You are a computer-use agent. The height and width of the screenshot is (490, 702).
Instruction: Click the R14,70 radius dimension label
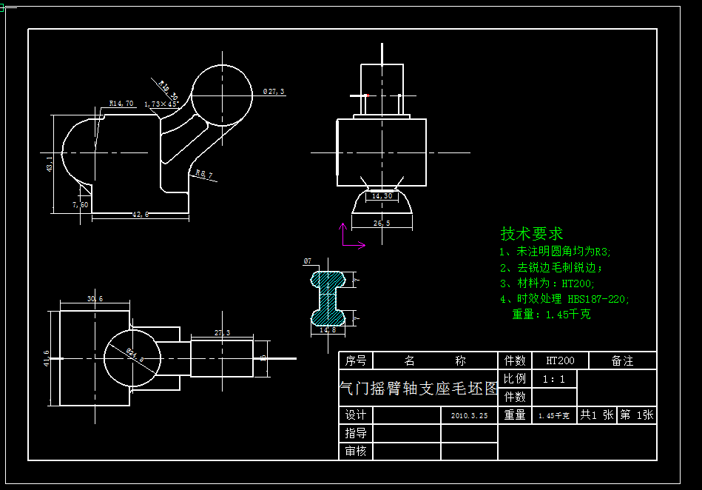(x=121, y=104)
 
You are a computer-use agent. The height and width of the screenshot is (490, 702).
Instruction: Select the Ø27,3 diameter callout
(x=274, y=92)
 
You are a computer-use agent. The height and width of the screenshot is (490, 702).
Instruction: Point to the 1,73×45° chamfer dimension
(x=161, y=104)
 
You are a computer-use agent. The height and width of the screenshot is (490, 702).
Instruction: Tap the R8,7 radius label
(x=203, y=175)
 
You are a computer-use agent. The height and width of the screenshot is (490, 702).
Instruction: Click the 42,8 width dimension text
(x=140, y=215)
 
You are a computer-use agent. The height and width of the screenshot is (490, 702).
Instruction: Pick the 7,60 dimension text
(x=80, y=204)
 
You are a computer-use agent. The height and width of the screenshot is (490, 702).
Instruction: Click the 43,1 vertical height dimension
(x=50, y=164)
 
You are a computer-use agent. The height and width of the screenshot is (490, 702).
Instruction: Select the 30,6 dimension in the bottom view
(x=95, y=299)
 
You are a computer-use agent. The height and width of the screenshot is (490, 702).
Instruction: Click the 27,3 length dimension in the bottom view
(x=222, y=333)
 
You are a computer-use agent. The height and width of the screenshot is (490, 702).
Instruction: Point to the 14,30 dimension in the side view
(x=382, y=196)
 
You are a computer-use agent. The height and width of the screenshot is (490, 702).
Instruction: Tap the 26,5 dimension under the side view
(x=382, y=223)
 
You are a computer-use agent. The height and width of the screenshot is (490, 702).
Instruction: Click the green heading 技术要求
(x=532, y=234)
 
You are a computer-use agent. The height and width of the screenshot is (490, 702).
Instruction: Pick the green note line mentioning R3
(x=556, y=252)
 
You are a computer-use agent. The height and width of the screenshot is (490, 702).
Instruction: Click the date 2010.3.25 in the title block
(x=469, y=416)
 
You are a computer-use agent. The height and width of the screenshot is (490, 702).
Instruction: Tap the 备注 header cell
(x=622, y=361)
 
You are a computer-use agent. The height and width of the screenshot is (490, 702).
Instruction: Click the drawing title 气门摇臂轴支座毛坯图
(x=418, y=389)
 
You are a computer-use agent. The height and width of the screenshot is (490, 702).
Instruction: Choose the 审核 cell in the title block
(x=356, y=451)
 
